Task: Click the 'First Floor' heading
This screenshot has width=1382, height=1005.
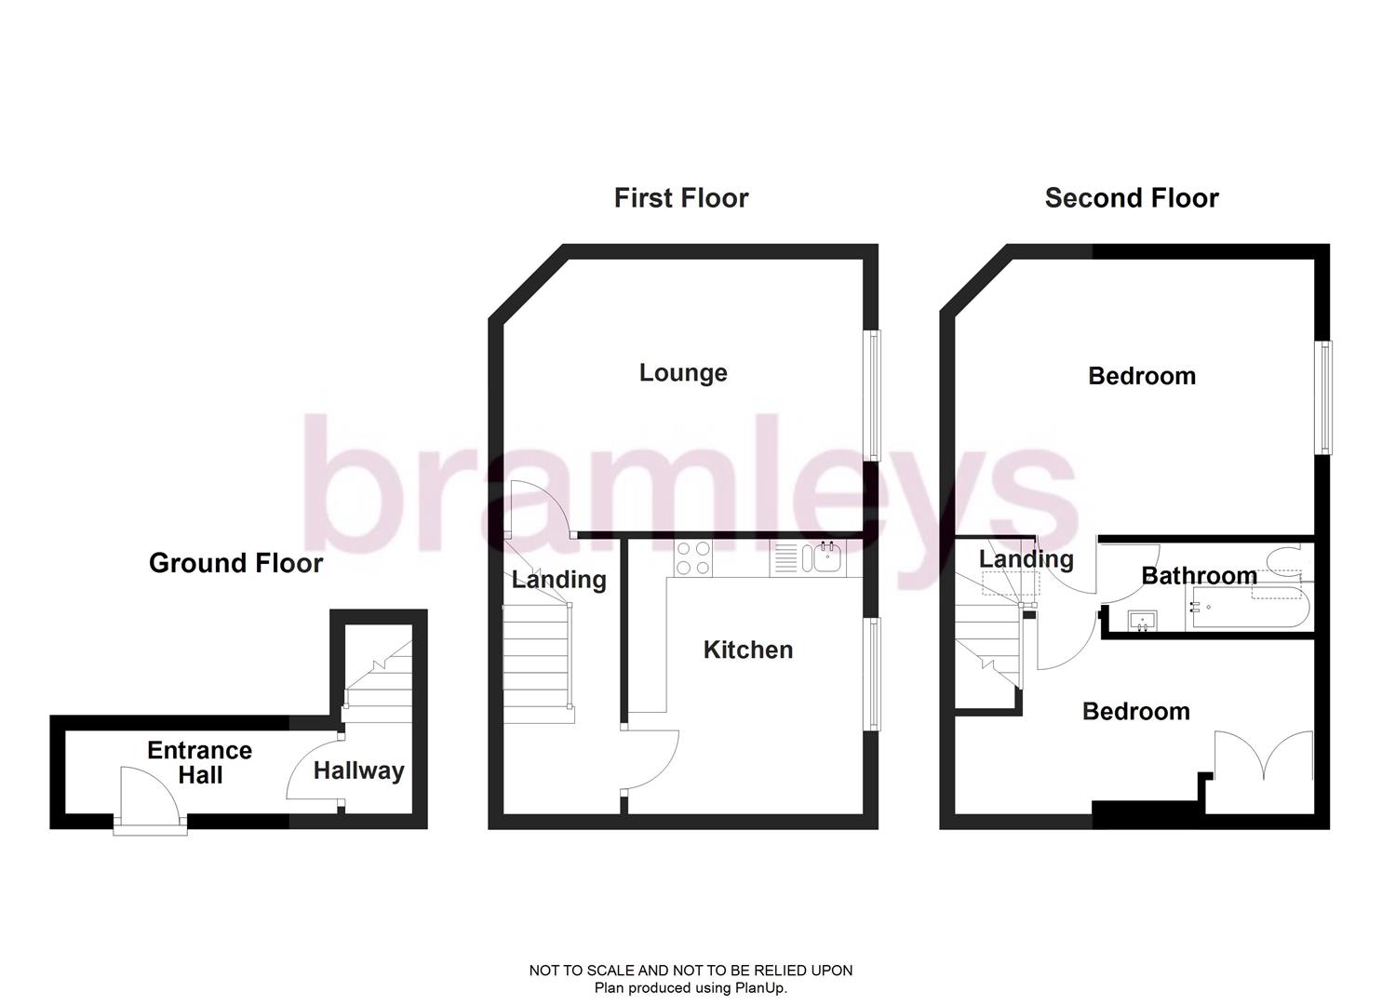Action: pos(680,198)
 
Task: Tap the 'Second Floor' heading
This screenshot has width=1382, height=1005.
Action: pos(1131,198)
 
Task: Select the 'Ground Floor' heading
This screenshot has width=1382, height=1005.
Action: pos(235,563)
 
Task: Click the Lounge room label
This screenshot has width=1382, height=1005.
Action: pos(683,373)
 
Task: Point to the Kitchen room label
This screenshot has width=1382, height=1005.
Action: pos(748,650)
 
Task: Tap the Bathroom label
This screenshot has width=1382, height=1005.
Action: pos(1199,576)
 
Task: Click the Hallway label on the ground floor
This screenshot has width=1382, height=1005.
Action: pos(358,770)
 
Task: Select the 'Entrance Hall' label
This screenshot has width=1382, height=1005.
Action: pos(199,763)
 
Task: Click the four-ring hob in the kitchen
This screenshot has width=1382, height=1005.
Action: pos(693,558)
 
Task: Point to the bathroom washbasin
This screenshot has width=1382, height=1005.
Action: pos(1142,621)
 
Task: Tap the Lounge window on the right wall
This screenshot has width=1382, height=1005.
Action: pos(874,395)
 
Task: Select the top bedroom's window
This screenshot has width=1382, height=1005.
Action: pos(1322,397)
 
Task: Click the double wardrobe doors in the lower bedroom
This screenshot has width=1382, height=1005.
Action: pos(1264,756)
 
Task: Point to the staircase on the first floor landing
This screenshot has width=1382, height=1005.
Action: pos(536,661)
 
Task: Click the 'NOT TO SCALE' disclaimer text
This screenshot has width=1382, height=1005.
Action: pos(691,971)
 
